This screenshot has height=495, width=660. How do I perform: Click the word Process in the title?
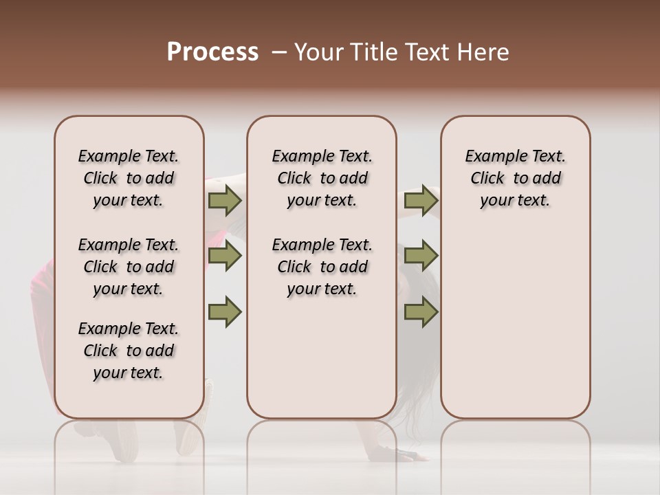[212, 52]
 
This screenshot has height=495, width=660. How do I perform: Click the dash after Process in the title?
[278, 53]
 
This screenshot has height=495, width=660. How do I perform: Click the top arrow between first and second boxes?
[224, 201]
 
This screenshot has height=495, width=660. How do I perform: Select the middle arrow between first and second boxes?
[224, 256]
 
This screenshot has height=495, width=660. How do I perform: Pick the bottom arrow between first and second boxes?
[224, 312]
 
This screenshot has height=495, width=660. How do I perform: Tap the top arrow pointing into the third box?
[421, 201]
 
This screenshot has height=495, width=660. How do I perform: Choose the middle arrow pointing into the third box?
[421, 256]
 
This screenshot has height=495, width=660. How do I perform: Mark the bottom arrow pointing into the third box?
[421, 312]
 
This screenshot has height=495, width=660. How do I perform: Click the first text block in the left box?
[129, 178]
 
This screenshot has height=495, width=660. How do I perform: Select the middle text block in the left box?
[129, 267]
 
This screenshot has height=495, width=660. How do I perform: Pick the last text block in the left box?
[129, 351]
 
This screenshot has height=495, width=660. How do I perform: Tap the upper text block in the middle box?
[322, 178]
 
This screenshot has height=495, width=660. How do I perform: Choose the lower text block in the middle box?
[322, 267]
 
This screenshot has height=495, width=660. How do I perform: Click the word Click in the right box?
[487, 179]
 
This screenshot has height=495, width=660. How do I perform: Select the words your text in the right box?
[515, 201]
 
